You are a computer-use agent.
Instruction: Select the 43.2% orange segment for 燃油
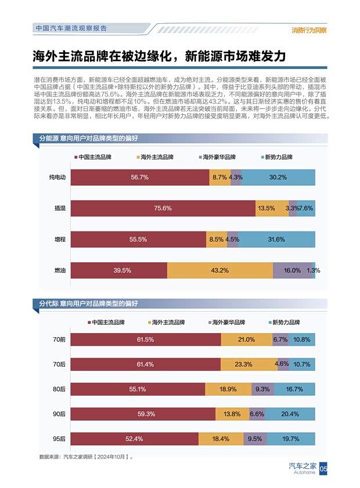[219, 270]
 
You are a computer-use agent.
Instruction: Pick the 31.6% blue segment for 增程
[276, 240]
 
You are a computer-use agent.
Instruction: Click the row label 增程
[59, 240]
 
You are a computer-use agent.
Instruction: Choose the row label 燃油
[59, 270]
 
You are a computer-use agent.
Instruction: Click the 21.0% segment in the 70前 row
[246, 339]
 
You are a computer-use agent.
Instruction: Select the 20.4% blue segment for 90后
[290, 414]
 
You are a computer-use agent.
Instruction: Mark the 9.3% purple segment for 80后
[262, 389]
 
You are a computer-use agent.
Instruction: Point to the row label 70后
[59, 364]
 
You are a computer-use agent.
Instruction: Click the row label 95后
[59, 439]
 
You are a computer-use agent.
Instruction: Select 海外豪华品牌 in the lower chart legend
[228, 322]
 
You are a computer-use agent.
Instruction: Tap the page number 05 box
[324, 468]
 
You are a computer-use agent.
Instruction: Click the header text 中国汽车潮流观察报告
[71, 28]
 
